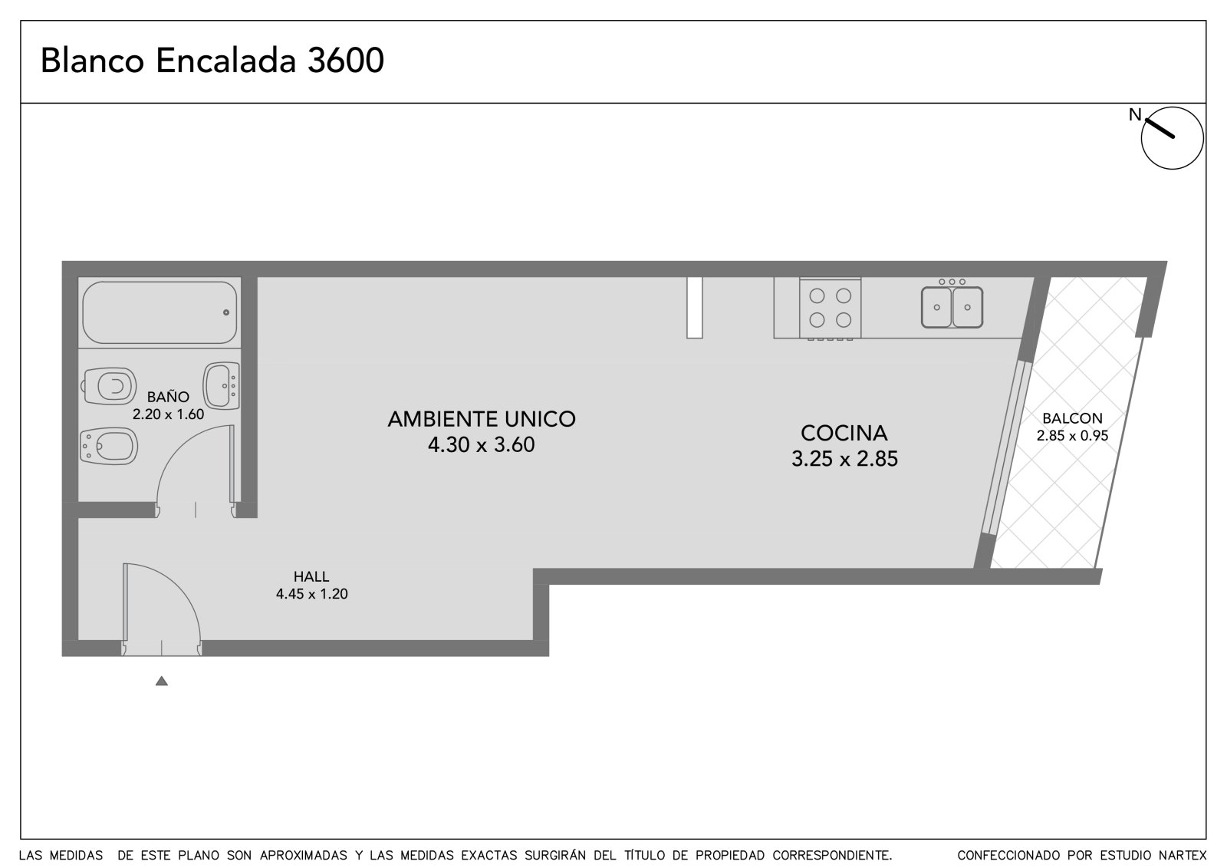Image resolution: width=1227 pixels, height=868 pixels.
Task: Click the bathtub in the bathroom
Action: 160,312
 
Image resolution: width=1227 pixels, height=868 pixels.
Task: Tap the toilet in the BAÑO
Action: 109,386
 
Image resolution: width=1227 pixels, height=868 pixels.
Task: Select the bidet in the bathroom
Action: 108,446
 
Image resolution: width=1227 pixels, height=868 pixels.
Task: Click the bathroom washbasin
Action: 222,385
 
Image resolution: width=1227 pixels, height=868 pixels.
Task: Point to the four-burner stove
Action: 830,309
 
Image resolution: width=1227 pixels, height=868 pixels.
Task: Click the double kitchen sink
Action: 952,306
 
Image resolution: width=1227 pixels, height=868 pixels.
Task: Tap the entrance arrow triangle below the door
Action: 162,681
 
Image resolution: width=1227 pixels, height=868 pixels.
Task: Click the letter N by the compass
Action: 1134,115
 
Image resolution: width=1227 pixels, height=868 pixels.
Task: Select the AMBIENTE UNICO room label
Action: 482,419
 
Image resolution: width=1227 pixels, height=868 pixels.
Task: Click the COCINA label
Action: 844,433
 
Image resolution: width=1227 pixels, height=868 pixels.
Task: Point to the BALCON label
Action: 1072,418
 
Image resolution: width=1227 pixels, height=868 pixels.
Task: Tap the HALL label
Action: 311,576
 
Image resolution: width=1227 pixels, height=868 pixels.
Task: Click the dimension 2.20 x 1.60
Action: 168,414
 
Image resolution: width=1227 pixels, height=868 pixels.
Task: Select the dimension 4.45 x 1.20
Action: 311,594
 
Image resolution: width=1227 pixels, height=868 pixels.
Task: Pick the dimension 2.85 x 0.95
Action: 1072,436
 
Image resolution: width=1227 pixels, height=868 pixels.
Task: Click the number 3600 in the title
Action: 346,61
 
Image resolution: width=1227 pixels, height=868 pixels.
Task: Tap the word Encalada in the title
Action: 225,61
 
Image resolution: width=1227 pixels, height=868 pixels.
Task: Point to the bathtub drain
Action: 225,312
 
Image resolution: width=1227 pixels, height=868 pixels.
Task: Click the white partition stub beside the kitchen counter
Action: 694,308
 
